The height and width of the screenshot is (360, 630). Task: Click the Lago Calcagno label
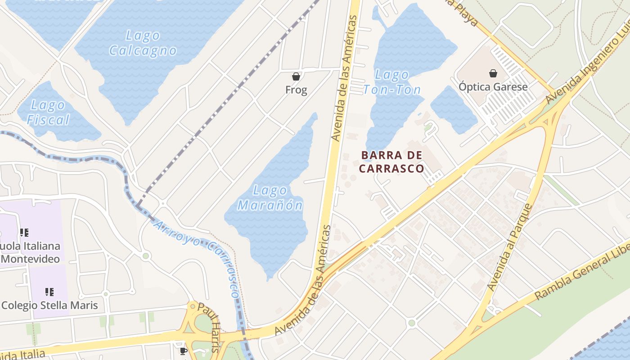143,43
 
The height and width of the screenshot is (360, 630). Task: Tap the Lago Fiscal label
48,112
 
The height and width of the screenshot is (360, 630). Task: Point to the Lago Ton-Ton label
392,82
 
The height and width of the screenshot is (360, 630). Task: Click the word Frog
296,90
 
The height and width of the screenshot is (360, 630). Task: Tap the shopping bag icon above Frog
296,76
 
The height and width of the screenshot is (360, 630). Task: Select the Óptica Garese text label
493,87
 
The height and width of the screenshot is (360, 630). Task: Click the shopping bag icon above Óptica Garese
493,73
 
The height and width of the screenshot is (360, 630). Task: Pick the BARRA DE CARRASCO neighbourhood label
391,162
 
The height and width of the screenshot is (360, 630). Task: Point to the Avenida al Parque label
509,247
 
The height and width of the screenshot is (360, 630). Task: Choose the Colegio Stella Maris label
49,305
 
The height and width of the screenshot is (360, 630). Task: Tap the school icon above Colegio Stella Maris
49,292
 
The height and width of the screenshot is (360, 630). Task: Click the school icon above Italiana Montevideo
24,233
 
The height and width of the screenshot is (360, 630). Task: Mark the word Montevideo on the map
31,259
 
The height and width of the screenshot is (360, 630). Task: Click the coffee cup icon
183,351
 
